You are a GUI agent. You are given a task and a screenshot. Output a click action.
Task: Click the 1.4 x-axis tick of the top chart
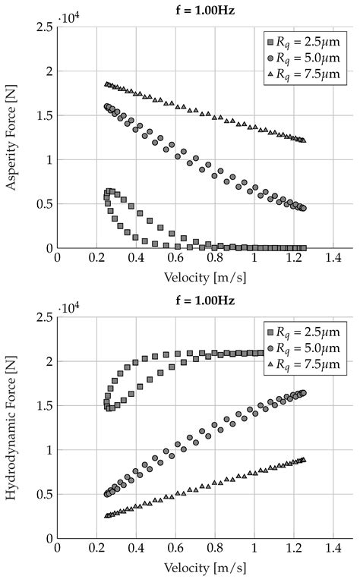(333, 259)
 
